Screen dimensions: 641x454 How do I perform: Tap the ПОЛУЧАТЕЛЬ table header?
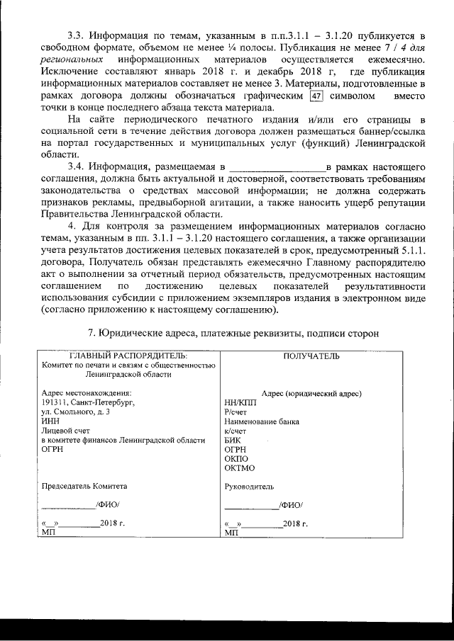pyautogui.click(x=311, y=355)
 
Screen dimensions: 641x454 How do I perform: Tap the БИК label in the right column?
pyautogui.click(x=232, y=439)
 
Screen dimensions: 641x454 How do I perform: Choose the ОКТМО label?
pyautogui.click(x=238, y=467)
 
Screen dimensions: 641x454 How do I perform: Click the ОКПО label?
pyautogui.click(x=236, y=458)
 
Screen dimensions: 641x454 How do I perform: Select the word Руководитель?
pyautogui.click(x=249, y=487)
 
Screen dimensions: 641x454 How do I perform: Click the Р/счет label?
pyautogui.click(x=234, y=412)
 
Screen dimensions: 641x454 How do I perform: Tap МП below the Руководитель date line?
pyautogui.click(x=231, y=533)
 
